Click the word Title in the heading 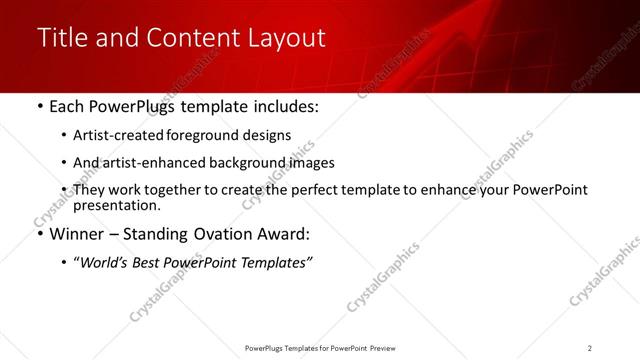coord(59,38)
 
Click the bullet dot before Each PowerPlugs coord(39,106)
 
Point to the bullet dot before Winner coord(39,235)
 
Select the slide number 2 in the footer coord(590,348)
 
